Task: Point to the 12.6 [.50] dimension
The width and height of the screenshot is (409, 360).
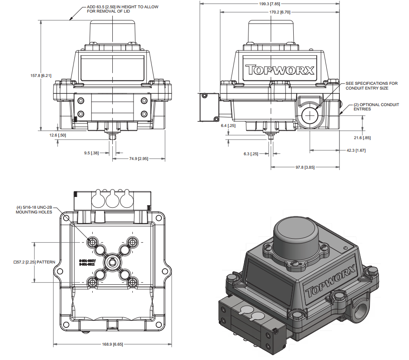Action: point(57,135)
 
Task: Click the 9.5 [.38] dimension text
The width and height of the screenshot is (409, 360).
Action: point(91,153)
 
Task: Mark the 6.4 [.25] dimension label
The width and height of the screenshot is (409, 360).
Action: point(228,126)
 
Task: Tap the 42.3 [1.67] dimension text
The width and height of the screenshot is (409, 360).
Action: point(356,150)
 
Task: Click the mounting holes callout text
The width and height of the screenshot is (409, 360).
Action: point(34,210)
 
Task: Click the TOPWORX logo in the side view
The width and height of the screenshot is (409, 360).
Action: point(280,70)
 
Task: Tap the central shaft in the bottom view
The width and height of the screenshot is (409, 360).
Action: point(112,262)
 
